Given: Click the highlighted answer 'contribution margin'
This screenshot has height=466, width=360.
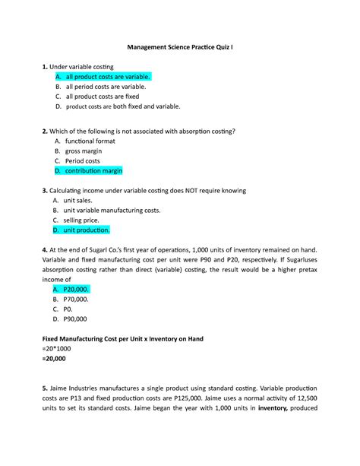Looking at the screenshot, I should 93,170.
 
